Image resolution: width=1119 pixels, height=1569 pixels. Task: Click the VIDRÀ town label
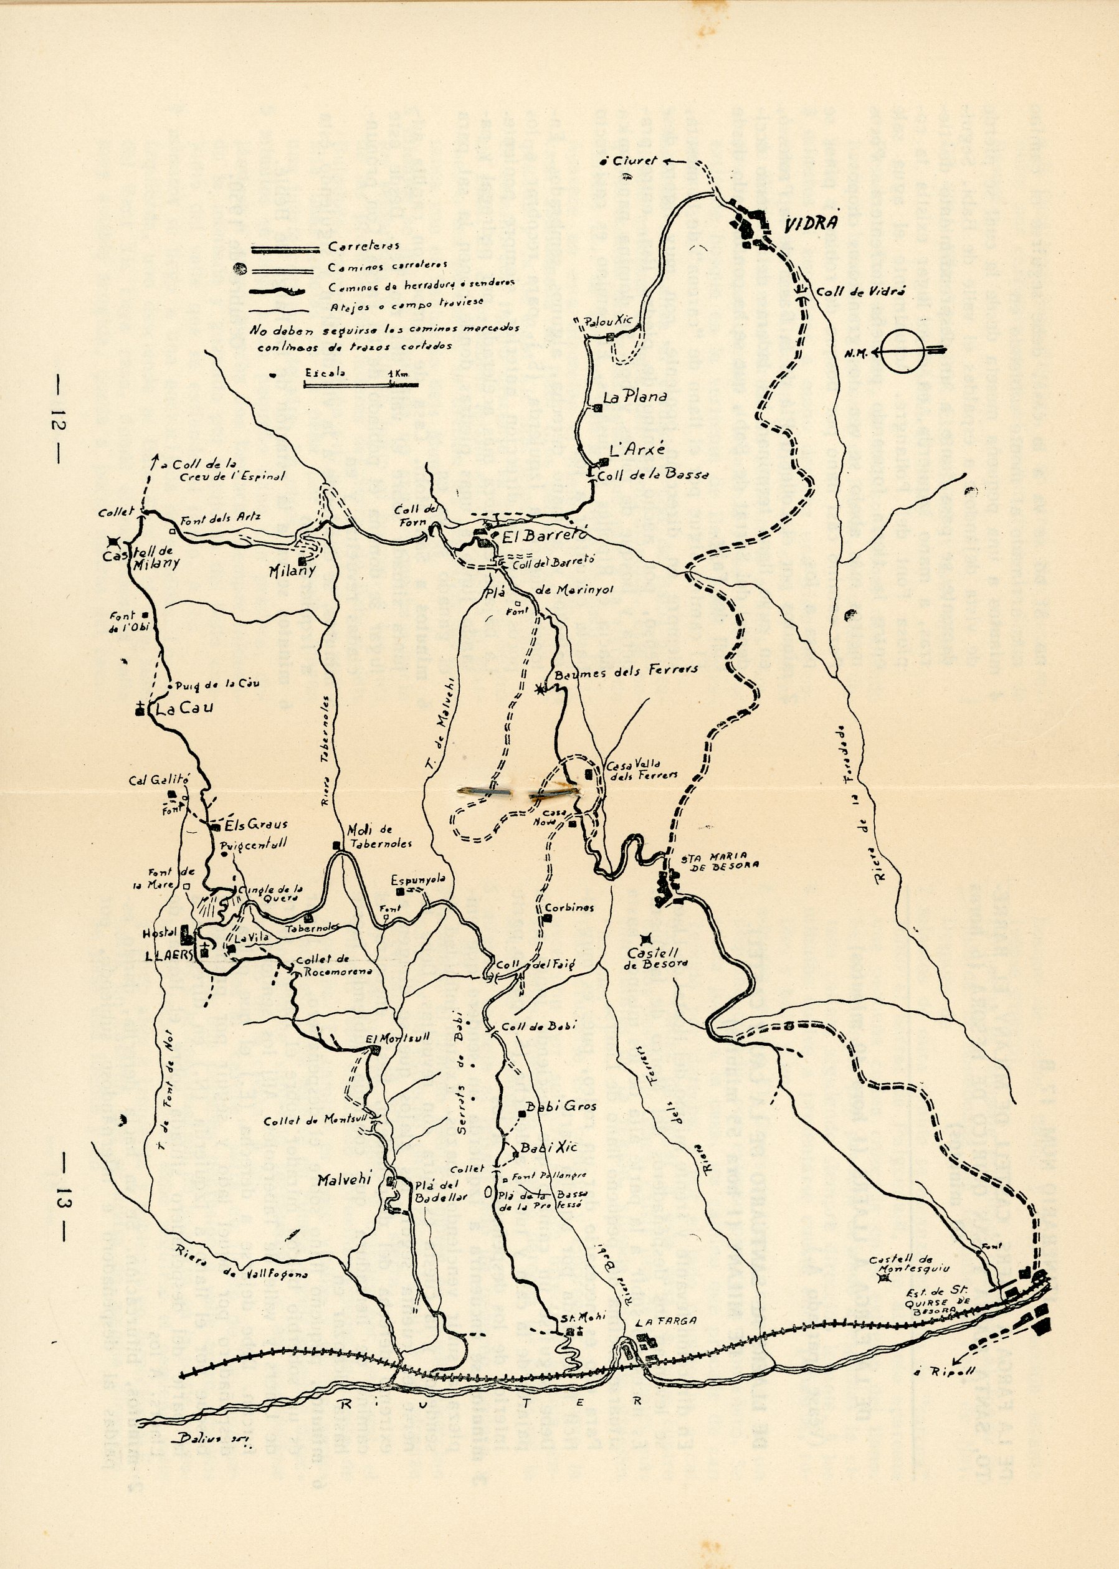813,224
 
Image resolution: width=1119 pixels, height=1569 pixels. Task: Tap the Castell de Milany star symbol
112,542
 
